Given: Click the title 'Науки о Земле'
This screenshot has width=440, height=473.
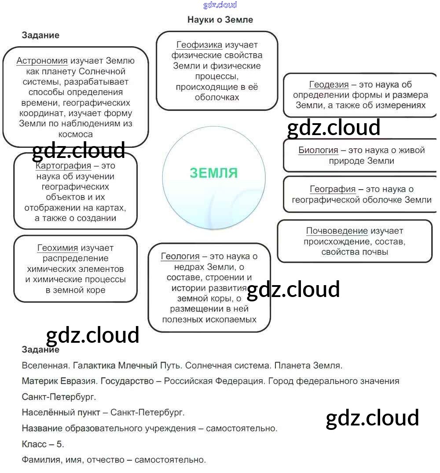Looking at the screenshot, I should pyautogui.click(x=220, y=20).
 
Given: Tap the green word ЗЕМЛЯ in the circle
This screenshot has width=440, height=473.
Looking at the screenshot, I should pyautogui.click(x=214, y=173).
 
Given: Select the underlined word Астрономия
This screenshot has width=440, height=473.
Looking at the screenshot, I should pyautogui.click(x=42, y=61).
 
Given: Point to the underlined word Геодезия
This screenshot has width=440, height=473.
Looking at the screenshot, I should pyautogui.click(x=329, y=84).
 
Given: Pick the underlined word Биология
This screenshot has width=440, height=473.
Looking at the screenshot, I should pyautogui.click(x=318, y=150).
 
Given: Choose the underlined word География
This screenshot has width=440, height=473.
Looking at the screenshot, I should pyautogui.click(x=333, y=189).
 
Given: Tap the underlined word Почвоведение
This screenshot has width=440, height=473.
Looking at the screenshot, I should pyautogui.click(x=337, y=231).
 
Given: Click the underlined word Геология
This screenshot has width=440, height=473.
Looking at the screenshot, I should pyautogui.click(x=180, y=257).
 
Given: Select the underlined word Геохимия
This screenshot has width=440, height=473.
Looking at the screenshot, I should pyautogui.click(x=58, y=248).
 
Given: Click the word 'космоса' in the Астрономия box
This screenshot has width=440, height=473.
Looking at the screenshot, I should pyautogui.click(x=76, y=135).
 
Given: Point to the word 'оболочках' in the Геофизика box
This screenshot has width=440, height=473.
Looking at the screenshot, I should pyautogui.click(x=217, y=98).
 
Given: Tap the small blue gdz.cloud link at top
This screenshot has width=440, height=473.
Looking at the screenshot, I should pyautogui.click(x=220, y=5).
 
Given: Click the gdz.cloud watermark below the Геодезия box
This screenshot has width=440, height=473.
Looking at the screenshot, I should pyautogui.click(x=334, y=128).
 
